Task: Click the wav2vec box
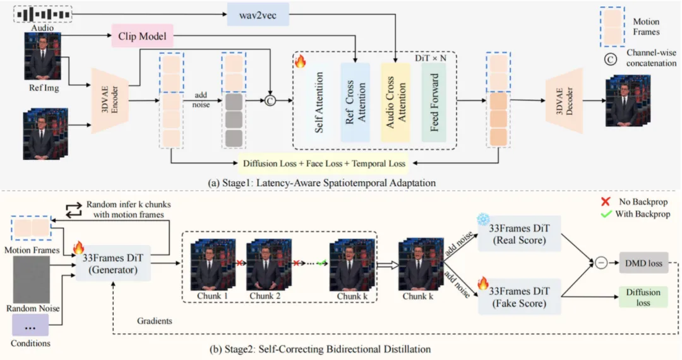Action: (258, 14)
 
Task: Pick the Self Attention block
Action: (318, 103)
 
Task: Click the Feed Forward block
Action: (434, 102)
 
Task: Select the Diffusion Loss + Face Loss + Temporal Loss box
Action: (325, 162)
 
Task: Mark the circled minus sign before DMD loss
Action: (599, 263)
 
